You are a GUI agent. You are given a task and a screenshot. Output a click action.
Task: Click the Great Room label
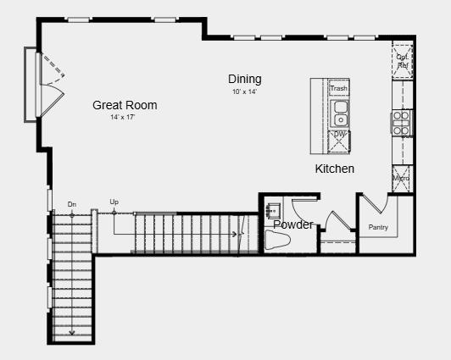(125, 106)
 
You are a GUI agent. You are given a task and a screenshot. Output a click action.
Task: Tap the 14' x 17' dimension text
(123, 117)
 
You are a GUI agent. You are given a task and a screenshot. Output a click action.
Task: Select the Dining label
(244, 80)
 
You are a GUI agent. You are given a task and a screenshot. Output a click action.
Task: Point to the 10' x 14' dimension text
(244, 91)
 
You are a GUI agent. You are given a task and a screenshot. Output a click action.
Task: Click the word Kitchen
(335, 169)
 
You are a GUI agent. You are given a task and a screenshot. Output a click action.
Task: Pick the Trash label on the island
(339, 88)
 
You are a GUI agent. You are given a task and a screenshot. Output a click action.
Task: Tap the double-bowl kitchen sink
(339, 112)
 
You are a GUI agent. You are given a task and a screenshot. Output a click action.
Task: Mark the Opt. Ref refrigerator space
(402, 60)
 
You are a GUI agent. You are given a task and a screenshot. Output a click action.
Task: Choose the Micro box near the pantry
(402, 179)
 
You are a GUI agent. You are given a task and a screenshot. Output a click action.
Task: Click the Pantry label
(378, 228)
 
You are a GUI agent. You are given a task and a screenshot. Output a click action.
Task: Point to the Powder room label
(293, 224)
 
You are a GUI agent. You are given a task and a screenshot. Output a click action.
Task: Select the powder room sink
(273, 208)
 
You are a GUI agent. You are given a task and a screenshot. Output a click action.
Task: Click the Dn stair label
(71, 204)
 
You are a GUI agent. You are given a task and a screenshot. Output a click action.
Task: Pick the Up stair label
(114, 202)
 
